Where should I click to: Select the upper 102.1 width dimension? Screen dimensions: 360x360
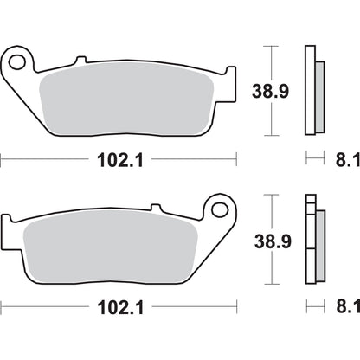[119, 159]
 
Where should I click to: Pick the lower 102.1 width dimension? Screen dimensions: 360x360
[119, 307]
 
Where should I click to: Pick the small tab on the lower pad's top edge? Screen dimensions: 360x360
[157, 209]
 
